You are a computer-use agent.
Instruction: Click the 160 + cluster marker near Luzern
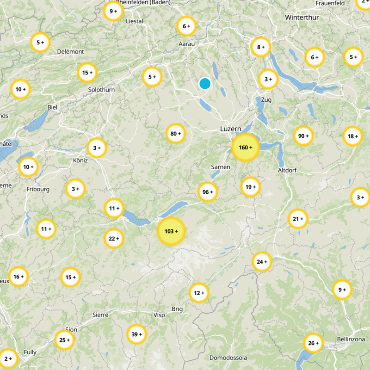(x=245, y=148)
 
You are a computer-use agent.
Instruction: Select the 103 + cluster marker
(x=171, y=231)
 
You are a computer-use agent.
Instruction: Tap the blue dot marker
(x=204, y=84)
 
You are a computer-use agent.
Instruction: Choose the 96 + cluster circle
(x=208, y=192)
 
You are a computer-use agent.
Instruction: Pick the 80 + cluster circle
(x=176, y=134)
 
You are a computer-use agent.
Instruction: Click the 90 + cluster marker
(x=303, y=136)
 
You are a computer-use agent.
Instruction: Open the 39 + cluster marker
(x=137, y=334)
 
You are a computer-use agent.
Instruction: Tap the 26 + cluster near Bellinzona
(x=313, y=343)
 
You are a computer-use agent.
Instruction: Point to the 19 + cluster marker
(x=251, y=187)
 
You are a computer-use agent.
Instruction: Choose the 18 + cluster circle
(x=353, y=136)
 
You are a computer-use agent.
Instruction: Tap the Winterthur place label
(x=302, y=17)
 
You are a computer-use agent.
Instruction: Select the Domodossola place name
(x=228, y=358)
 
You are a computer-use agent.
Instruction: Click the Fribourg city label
(x=38, y=189)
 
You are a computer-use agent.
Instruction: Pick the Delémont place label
(x=71, y=51)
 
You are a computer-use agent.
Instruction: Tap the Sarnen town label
(x=220, y=166)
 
